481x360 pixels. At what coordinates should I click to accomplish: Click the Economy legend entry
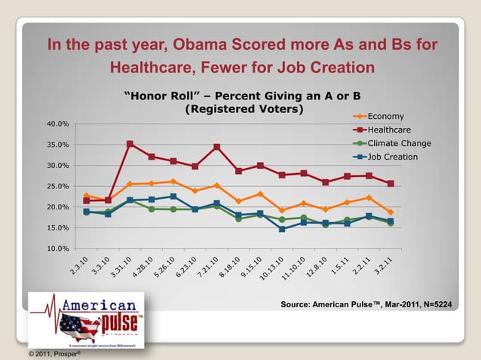(x=385, y=116)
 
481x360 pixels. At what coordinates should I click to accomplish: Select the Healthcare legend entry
(x=388, y=130)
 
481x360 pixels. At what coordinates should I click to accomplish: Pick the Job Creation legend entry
(x=392, y=157)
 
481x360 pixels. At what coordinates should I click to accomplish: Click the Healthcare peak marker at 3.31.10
(x=130, y=144)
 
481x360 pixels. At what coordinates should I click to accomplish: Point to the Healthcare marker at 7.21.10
(x=217, y=147)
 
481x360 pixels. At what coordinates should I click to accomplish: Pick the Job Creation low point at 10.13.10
(x=282, y=229)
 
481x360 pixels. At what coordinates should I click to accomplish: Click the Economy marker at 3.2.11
(x=391, y=212)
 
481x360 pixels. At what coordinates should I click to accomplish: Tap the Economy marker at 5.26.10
(x=173, y=182)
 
